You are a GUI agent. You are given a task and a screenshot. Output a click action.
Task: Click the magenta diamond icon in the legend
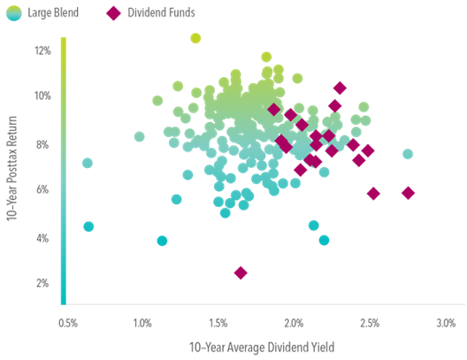(x=113, y=13)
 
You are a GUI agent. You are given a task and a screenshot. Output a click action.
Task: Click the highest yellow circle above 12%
(x=195, y=38)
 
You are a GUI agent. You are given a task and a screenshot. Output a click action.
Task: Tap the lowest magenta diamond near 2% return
(x=240, y=272)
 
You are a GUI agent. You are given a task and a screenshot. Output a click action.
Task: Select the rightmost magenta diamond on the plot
(x=408, y=192)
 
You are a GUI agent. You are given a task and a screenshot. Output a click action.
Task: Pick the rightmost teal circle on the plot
(x=407, y=154)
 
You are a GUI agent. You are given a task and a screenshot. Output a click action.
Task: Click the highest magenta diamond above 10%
(x=340, y=88)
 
